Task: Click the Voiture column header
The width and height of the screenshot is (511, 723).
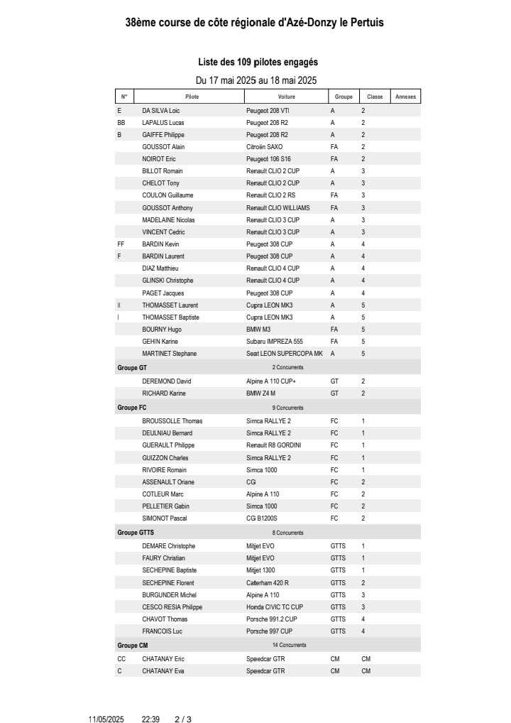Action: [287, 97]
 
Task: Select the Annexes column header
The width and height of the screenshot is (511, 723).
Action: [405, 97]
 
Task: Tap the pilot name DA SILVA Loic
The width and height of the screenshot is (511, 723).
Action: [161, 111]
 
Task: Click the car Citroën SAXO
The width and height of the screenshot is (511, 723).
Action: [264, 147]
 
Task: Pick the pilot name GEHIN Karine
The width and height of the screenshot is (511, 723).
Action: [160, 342]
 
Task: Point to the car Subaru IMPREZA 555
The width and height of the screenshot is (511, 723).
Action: [274, 342]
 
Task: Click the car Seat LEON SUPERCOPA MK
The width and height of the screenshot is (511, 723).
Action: [284, 354]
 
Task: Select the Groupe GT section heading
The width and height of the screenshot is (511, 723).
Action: [132, 368]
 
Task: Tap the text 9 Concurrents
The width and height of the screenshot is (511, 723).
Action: [287, 408]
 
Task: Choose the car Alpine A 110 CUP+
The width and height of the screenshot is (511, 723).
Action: [271, 381]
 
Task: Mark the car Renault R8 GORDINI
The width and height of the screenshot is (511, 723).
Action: [273, 445]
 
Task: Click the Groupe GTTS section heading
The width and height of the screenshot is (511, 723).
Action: [136, 533]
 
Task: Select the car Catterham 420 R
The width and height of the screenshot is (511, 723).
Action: [268, 583]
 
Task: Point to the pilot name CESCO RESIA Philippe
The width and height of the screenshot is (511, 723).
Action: [172, 607]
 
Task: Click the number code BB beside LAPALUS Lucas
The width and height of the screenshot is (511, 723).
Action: [121, 123]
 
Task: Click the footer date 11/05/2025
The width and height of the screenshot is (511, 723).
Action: [106, 719]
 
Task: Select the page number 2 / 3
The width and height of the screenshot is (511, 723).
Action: [183, 719]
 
